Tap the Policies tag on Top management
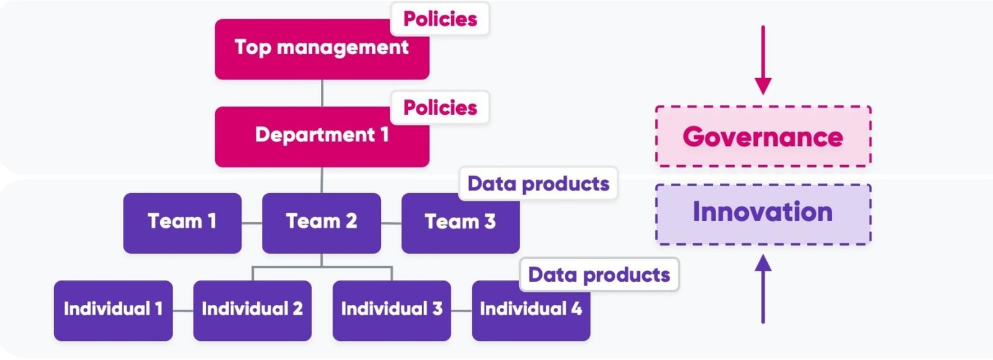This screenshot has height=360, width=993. tap(439, 19)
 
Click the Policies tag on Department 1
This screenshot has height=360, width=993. tap(439, 108)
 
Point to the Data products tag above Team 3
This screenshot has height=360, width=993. tap(537, 184)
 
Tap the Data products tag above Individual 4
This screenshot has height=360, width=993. tap(598, 275)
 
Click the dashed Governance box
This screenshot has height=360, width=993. tap(763, 137)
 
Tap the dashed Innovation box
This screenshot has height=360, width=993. tap(763, 214)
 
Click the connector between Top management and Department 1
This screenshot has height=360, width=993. tap(321, 93)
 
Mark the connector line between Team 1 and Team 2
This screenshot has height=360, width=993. tap(251, 223)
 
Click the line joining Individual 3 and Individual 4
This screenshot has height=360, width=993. tap(461, 310)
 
